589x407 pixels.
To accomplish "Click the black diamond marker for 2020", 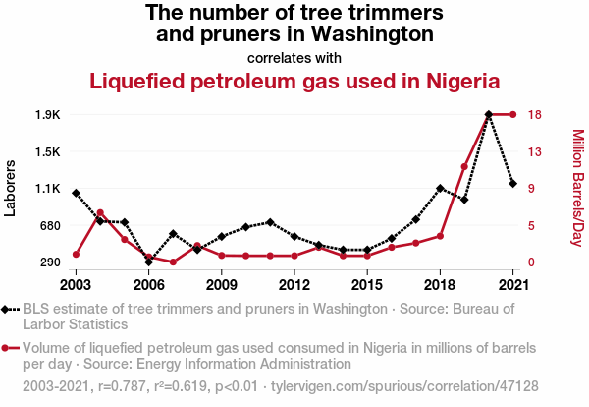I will pyautogui.click(x=488, y=115).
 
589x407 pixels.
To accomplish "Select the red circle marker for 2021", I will pyautogui.click(x=512, y=115).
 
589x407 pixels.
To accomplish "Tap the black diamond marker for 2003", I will pyautogui.click(x=76, y=193).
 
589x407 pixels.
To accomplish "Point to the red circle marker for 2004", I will pyautogui.click(x=100, y=212).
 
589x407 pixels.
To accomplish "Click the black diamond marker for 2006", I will pyautogui.click(x=148, y=262).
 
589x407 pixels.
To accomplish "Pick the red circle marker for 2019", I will pyautogui.click(x=464, y=167).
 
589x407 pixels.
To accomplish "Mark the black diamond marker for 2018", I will pyautogui.click(x=440, y=188).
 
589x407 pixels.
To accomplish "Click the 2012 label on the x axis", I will pyautogui.click(x=294, y=285).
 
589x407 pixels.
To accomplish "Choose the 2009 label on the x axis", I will pyautogui.click(x=222, y=285).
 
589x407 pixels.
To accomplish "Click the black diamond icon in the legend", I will pyautogui.click(x=10, y=309).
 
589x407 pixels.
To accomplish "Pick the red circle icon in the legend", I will pyautogui.click(x=10, y=348).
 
